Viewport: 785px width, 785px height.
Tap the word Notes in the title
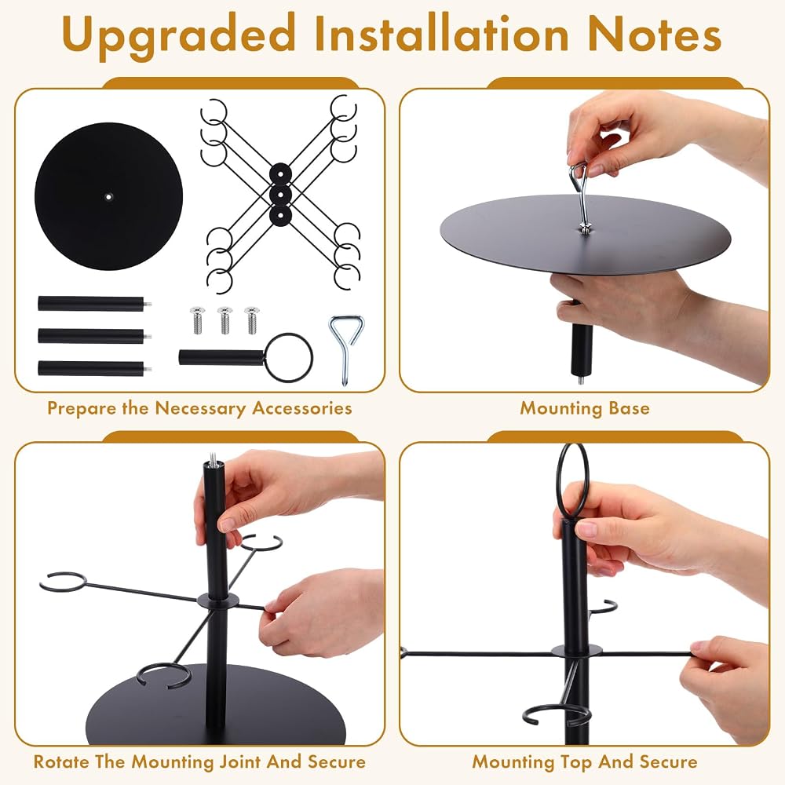click(x=655, y=34)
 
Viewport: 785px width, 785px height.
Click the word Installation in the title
click(x=441, y=33)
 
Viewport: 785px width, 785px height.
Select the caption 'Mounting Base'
click(x=585, y=408)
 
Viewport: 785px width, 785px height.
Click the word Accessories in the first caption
click(x=302, y=408)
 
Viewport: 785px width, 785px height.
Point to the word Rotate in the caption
click(x=61, y=761)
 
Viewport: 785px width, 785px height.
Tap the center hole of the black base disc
click(x=108, y=197)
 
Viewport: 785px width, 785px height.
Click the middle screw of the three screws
click(x=225, y=320)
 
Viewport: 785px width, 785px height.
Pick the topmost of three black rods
click(x=95, y=304)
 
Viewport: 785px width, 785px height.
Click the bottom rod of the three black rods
click(x=95, y=368)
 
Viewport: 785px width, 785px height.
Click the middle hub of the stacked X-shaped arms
click(x=280, y=194)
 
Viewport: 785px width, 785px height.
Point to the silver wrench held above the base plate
click(x=581, y=197)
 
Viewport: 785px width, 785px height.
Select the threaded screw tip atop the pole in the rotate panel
click(x=213, y=458)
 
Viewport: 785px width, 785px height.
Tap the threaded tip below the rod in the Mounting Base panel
click(x=581, y=378)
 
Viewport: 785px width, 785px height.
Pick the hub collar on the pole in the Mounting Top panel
click(x=576, y=652)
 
